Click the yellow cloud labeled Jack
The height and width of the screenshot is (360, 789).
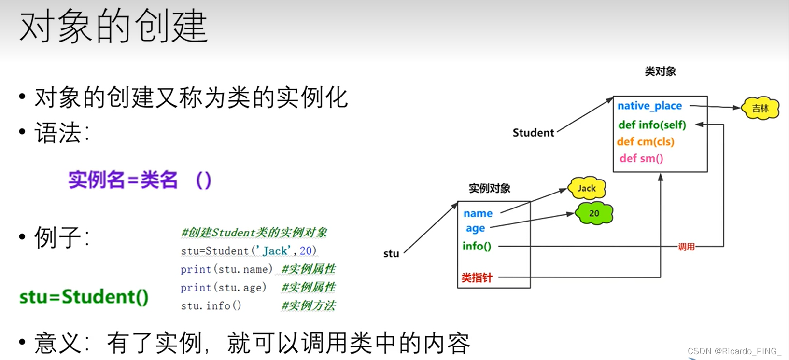pyautogui.click(x=587, y=188)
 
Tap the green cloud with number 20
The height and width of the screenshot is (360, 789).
pyautogui.click(x=594, y=213)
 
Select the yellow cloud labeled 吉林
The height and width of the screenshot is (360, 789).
pyautogui.click(x=760, y=108)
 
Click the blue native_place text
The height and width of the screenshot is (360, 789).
pyautogui.click(x=649, y=106)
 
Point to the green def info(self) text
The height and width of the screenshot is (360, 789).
pyautogui.click(x=652, y=125)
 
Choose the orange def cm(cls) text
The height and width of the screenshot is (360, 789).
pyautogui.click(x=645, y=141)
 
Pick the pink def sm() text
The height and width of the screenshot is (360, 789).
pyautogui.click(x=641, y=158)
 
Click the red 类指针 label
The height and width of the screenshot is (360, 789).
pyautogui.click(x=477, y=277)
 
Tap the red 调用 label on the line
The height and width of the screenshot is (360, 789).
pyautogui.click(x=686, y=247)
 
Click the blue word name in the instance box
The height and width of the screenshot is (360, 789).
pyautogui.click(x=478, y=213)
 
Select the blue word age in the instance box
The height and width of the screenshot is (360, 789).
pyautogui.click(x=475, y=228)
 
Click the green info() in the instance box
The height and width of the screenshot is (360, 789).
pyautogui.click(x=477, y=246)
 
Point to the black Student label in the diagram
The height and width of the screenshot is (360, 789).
pyautogui.click(x=533, y=133)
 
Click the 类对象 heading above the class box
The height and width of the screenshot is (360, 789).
pyautogui.click(x=660, y=71)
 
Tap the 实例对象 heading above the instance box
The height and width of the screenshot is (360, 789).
pyautogui.click(x=489, y=188)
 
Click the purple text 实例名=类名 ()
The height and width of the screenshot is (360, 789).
pyautogui.click(x=140, y=180)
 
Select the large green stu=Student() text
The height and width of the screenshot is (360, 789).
pyautogui.click(x=84, y=297)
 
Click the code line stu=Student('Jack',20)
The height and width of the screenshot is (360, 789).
pyautogui.click(x=248, y=251)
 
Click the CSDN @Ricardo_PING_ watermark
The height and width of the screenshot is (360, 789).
pyautogui.click(x=734, y=351)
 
